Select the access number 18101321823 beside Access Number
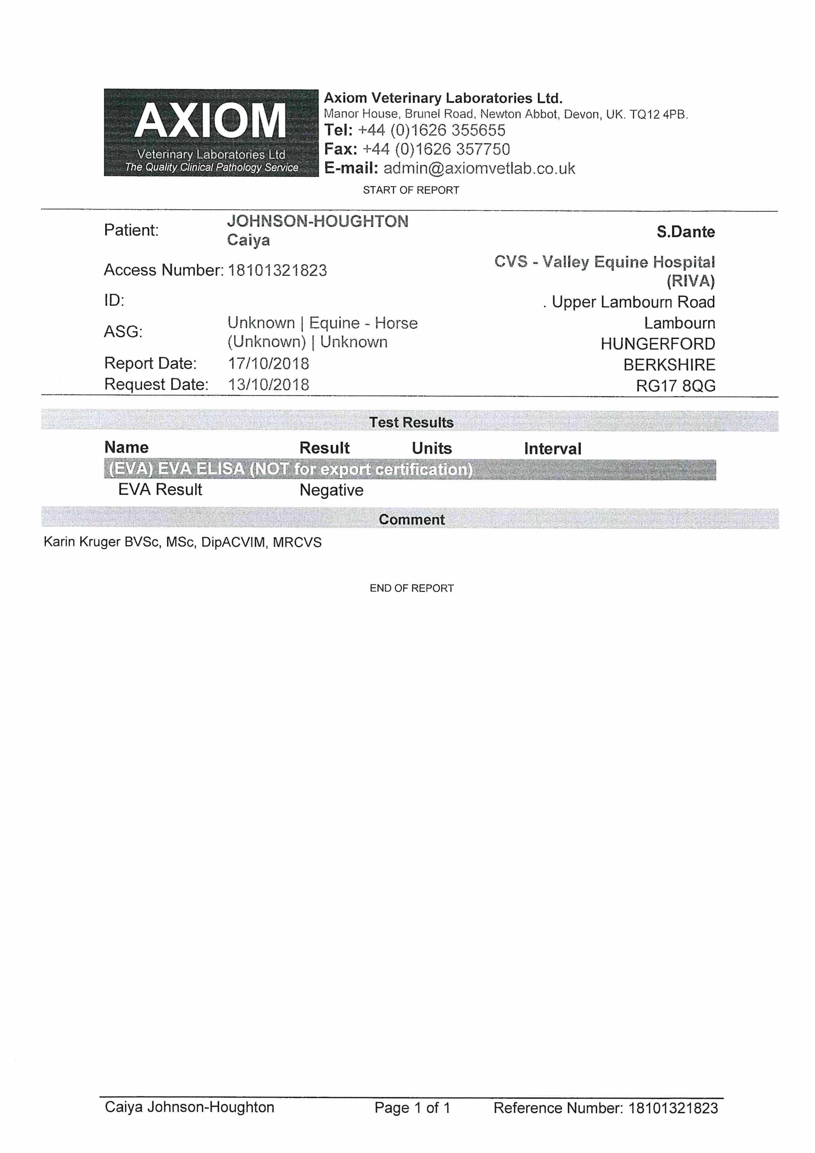pos(277,271)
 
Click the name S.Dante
pos(685,232)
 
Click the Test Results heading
pos(411,422)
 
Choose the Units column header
pos(431,449)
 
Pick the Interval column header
pos(552,449)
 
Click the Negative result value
pos(332,490)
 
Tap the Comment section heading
pos(411,520)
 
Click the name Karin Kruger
pos(82,542)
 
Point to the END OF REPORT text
pos(411,588)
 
